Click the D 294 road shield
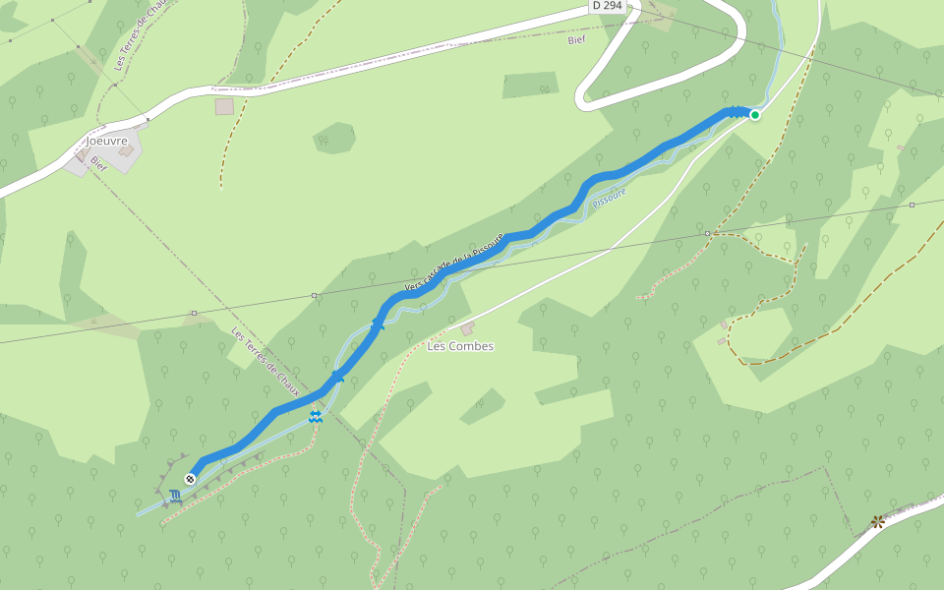(x=608, y=6)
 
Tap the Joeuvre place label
(x=106, y=141)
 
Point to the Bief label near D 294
(x=576, y=40)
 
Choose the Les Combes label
(x=460, y=346)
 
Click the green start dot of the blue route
(x=755, y=115)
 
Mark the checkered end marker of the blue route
(x=190, y=479)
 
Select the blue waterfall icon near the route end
(x=175, y=496)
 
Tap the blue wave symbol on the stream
(x=316, y=418)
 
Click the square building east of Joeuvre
(x=224, y=106)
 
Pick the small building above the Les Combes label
(x=467, y=327)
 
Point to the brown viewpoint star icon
(x=877, y=521)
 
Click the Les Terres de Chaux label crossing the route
(x=265, y=358)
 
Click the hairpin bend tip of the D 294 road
(x=581, y=98)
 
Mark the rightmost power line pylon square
(x=912, y=205)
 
